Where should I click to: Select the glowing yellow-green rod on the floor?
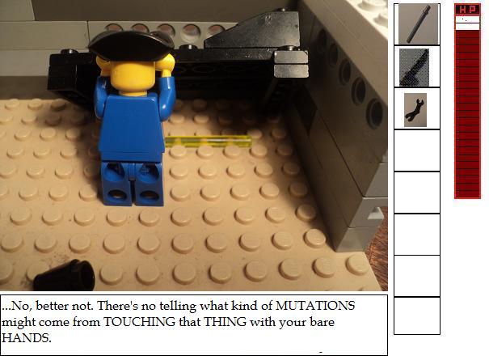coord(209,142)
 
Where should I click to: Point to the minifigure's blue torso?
coord(131,128)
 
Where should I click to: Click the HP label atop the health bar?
coord(467,10)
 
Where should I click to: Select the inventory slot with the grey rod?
coord(417,24)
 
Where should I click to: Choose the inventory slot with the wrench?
coord(417,108)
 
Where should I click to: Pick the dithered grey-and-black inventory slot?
coord(417,66)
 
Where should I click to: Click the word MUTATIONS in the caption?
coord(315,305)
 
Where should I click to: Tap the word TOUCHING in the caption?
coord(139,322)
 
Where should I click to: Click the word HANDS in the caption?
coord(26,338)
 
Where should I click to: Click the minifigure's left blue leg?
coord(116,184)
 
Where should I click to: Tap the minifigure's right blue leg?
coord(149,184)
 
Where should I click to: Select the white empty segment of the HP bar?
coord(467,23)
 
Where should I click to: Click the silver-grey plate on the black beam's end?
coord(291,65)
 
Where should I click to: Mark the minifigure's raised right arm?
coord(167,83)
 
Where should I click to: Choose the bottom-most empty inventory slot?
coord(417,316)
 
